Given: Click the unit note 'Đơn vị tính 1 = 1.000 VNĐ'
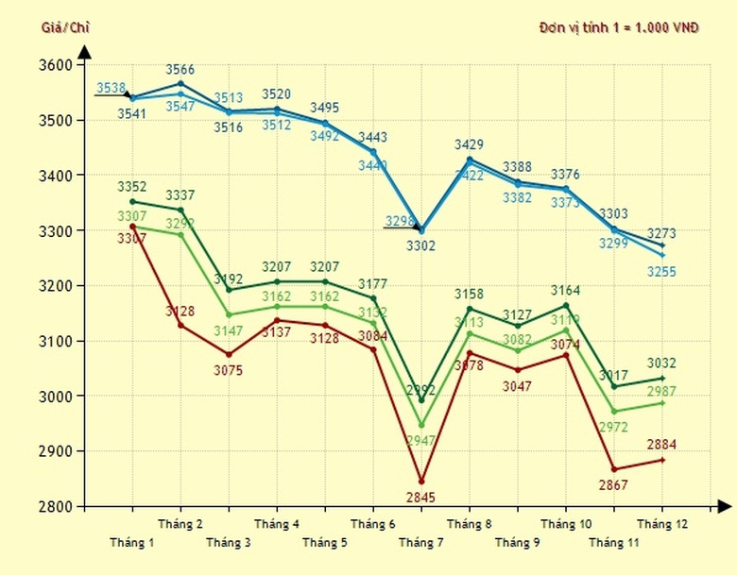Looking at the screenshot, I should (619, 27).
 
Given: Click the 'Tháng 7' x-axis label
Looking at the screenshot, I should (421, 543).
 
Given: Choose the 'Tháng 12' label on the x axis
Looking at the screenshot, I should (662, 524).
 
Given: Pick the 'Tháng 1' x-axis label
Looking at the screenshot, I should (132, 543).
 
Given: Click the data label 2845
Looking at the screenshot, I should (421, 498).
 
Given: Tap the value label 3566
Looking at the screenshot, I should (180, 70).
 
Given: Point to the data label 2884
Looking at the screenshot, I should (662, 445).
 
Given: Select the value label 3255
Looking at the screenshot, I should (662, 272).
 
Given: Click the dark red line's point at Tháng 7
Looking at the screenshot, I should (421, 482).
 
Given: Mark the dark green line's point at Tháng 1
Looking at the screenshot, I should (132, 201).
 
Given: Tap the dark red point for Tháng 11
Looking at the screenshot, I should (614, 469).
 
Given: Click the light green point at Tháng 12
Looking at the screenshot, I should (662, 403).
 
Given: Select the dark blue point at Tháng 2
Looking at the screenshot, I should (180, 83).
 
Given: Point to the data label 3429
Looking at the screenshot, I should (470, 144).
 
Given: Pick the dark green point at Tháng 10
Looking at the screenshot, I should (566, 305).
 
